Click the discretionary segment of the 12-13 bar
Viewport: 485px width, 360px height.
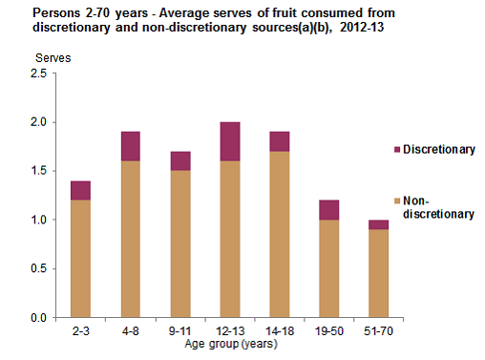coord(228,141)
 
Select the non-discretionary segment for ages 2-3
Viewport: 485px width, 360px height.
coord(80,258)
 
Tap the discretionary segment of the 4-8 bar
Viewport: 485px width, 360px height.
coord(130,146)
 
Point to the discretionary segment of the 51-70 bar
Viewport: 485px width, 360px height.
coord(378,224)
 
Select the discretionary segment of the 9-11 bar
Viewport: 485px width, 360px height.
coord(179,161)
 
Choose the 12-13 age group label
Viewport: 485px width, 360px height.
coord(228,330)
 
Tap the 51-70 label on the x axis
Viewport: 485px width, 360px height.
coord(378,330)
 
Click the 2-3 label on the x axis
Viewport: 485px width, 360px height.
coord(80,330)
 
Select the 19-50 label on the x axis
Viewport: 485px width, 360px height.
coord(328,330)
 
